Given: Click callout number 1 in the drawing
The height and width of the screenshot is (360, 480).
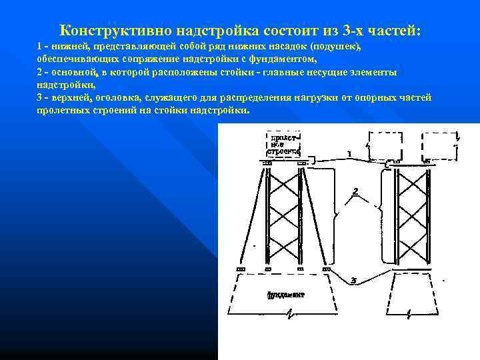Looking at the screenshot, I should (349, 154).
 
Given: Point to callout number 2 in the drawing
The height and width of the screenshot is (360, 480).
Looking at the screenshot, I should (355, 191).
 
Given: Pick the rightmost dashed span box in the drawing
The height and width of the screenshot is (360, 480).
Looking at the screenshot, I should (439, 143).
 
